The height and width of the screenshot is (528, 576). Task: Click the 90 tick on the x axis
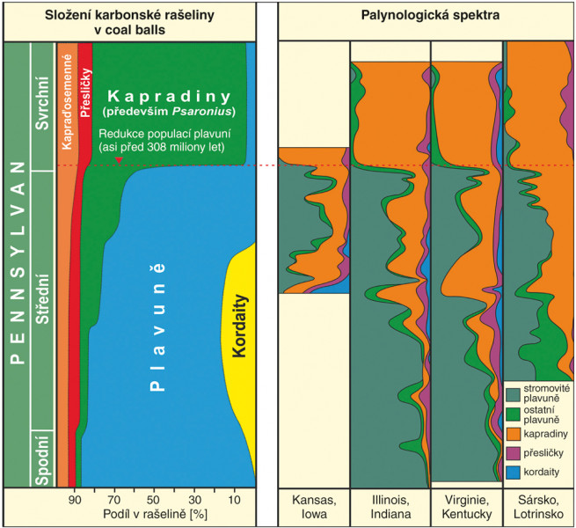click(76, 499)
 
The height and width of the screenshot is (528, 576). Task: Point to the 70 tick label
click(114, 499)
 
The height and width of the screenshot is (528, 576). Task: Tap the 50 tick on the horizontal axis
click(153, 499)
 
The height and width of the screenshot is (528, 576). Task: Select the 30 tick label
click(193, 499)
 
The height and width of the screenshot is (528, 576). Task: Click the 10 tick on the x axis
click(233, 499)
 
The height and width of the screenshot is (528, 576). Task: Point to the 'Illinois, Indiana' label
click(390, 506)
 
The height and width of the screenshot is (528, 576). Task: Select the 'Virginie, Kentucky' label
click(467, 506)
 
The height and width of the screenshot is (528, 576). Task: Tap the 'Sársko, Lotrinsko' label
click(538, 506)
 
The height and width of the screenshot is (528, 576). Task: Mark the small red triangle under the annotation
click(119, 160)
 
